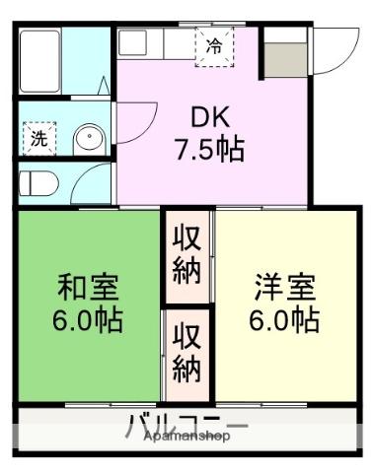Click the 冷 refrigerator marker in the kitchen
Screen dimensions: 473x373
coord(214,45)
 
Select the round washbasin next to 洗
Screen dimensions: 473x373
coord(89,139)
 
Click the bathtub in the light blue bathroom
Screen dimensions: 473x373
coord(45,58)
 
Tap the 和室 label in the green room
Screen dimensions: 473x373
coord(88,288)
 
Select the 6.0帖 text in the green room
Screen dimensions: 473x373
coord(88,320)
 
